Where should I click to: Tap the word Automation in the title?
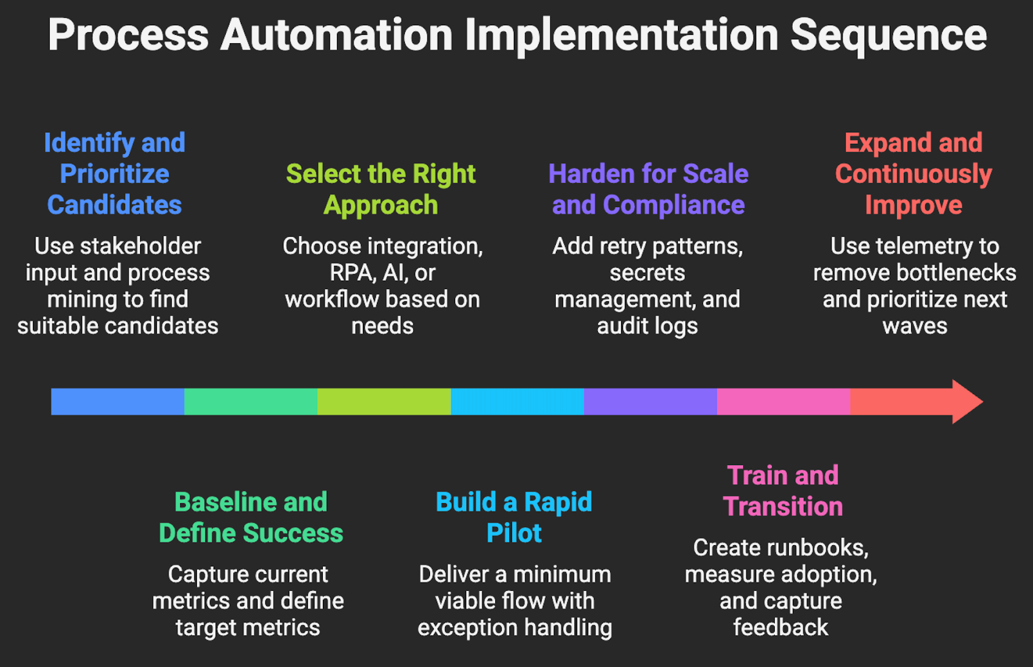pyautogui.click(x=336, y=35)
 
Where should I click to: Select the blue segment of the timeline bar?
pyautogui.click(x=118, y=401)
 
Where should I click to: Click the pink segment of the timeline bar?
pyautogui.click(x=783, y=401)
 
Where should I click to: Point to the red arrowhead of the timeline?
pyautogui.click(x=966, y=401)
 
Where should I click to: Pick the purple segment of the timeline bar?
pyautogui.click(x=650, y=401)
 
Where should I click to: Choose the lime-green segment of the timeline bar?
pyautogui.click(x=384, y=401)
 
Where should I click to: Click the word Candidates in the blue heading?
pyautogui.click(x=114, y=205)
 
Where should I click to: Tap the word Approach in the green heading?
pyautogui.click(x=381, y=205)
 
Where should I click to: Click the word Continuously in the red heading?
pyautogui.click(x=913, y=174)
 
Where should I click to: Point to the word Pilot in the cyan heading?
pyautogui.click(x=514, y=533)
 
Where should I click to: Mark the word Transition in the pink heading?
pyautogui.click(x=782, y=507)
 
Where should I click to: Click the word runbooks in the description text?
pyautogui.click(x=816, y=548)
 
